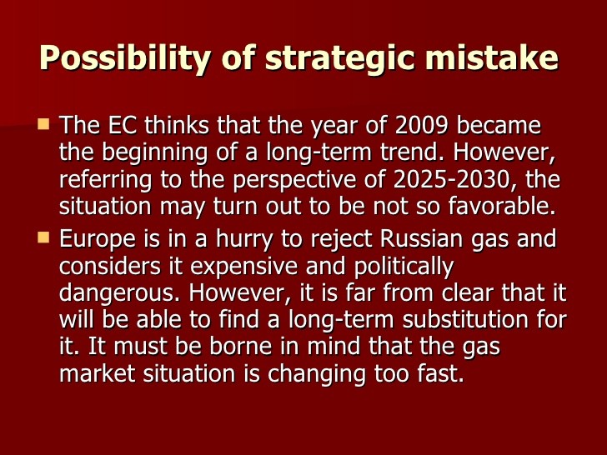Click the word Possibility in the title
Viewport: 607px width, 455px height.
click(x=125, y=58)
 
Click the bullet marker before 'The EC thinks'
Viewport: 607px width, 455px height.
click(x=43, y=124)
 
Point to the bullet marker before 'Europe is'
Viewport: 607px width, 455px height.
click(x=43, y=237)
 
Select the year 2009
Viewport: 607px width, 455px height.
click(x=422, y=125)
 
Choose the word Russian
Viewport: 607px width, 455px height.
click(x=421, y=238)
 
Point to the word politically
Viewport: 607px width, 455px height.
click(x=404, y=267)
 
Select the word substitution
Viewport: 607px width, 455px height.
click(x=465, y=320)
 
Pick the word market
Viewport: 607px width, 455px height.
click(x=98, y=373)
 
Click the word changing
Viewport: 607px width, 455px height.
click(x=316, y=374)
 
